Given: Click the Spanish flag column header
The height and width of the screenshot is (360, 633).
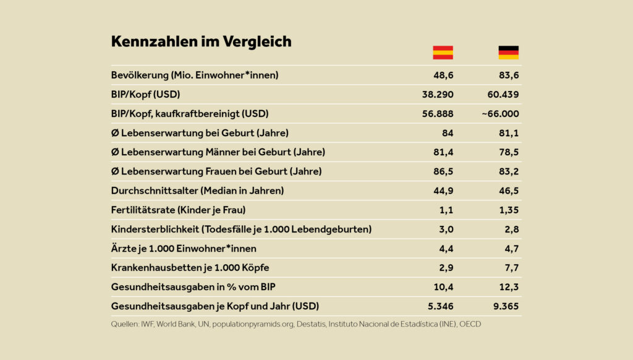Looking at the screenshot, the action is tap(443, 53).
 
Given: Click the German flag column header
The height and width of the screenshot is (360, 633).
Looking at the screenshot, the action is tap(509, 53).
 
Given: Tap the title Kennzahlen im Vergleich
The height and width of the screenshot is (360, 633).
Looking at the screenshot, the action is tap(201, 41).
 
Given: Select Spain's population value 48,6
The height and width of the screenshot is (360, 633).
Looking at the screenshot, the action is tap(443, 75).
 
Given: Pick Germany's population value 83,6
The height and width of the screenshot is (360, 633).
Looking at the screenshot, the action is tap(509, 75).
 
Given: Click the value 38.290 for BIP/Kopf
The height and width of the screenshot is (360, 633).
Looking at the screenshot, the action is tap(438, 95).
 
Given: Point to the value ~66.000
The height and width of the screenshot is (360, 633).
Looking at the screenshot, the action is tap(501, 114).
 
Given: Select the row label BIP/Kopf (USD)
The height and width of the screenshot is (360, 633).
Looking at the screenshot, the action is tap(145, 95).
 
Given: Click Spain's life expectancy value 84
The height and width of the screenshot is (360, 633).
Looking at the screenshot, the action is tap(448, 133).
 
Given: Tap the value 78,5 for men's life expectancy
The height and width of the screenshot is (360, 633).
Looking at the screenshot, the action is tap(509, 152).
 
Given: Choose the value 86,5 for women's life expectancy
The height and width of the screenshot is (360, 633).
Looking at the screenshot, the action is tap(443, 171).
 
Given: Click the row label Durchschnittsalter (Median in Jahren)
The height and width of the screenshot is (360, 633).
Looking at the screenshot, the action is tap(197, 191).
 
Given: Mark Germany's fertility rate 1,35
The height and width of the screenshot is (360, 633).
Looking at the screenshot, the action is tap(509, 210).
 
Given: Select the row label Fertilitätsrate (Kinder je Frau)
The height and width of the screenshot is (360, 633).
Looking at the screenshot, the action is tap(178, 210).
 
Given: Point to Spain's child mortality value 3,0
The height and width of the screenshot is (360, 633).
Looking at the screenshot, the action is tap(446, 229).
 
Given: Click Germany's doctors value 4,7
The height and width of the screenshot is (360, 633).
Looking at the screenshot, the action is tap(511, 249).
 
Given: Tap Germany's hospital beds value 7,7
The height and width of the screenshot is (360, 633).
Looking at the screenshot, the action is tap(511, 268).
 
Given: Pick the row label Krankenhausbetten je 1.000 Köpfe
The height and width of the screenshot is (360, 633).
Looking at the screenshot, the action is tap(190, 268).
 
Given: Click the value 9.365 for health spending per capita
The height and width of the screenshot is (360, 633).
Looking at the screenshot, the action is tap(506, 306).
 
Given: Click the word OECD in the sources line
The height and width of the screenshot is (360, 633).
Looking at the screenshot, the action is tap(470, 324).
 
